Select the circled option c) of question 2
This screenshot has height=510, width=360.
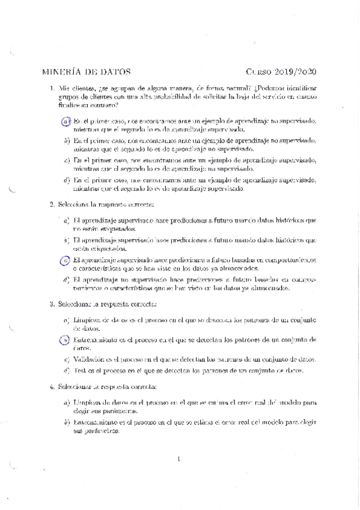66,260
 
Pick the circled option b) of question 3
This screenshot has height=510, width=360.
66,340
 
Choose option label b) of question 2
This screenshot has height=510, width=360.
66,241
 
